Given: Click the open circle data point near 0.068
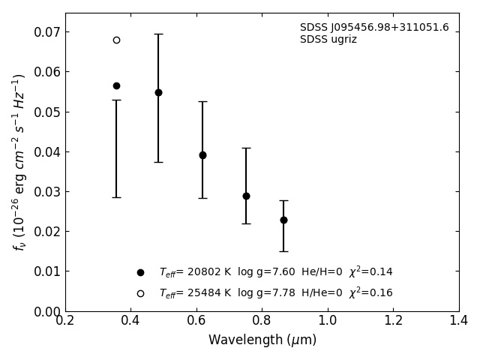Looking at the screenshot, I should (116, 40).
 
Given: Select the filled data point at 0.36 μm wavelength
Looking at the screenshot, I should (116, 85).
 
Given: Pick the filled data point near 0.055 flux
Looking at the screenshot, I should (158, 92).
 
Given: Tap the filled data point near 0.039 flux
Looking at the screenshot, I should (202, 155).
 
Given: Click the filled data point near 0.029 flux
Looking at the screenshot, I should (246, 196).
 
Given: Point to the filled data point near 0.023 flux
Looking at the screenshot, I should (283, 220).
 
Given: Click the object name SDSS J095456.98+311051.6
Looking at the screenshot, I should (374, 28).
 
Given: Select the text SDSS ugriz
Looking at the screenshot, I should (328, 40).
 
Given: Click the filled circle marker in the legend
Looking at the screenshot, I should (140, 272).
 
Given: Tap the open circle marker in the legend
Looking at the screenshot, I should (140, 293).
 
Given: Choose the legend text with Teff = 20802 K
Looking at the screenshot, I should (276, 272).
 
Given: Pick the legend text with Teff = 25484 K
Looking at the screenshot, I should (276, 293).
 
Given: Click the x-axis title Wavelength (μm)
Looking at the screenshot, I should (262, 340).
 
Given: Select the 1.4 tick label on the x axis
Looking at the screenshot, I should (459, 321).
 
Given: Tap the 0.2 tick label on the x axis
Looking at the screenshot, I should (65, 321).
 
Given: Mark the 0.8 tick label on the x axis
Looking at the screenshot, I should (262, 321).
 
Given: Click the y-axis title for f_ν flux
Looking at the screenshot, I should (19, 162).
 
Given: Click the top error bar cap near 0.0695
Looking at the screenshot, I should (158, 34).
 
